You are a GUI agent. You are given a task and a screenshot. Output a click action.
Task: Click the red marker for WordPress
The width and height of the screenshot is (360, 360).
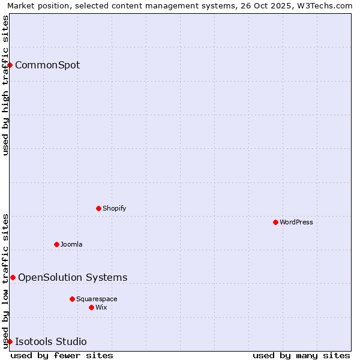275,222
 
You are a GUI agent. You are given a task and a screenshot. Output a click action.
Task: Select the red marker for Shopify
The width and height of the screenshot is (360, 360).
98,208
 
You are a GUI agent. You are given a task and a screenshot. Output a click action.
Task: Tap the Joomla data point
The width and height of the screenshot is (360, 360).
56,244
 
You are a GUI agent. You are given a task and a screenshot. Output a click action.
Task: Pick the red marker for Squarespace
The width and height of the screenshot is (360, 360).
72,299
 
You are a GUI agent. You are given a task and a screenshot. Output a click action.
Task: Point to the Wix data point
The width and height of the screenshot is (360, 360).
91,307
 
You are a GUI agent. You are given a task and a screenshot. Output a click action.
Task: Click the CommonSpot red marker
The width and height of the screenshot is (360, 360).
10,65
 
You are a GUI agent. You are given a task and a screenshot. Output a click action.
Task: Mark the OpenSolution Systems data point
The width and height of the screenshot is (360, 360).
13,277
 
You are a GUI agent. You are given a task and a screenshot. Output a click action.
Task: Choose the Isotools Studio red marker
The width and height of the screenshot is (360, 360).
10,341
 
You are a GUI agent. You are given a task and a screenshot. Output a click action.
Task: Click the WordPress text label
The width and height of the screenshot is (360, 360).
296,222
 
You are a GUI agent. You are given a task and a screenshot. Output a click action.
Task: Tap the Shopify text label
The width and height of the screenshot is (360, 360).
115,208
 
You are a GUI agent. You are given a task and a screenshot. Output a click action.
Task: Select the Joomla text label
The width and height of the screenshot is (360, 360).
71,244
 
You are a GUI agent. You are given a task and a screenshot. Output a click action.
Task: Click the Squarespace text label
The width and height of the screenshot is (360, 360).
97,299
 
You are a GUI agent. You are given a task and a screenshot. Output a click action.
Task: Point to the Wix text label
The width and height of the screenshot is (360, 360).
101,307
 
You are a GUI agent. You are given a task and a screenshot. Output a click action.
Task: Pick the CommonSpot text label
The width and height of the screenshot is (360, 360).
47,65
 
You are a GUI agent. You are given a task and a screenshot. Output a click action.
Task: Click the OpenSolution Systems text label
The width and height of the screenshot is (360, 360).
73,277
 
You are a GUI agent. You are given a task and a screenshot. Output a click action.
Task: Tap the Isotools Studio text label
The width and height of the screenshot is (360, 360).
51,341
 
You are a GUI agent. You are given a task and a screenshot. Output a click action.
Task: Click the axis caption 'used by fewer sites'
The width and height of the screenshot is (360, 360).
62,355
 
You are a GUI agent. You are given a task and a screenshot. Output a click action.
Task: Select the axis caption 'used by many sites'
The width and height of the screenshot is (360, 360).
301,355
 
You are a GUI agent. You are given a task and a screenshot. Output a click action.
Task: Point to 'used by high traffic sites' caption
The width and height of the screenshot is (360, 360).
5,85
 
